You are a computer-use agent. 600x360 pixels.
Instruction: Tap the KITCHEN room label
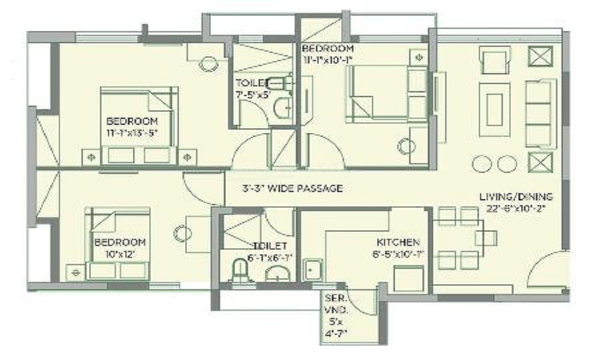(x=397, y=242)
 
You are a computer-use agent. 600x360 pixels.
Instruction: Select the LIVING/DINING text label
(x=516, y=197)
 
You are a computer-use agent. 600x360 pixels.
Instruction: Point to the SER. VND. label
(x=332, y=303)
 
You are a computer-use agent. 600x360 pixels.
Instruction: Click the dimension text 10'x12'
(x=119, y=254)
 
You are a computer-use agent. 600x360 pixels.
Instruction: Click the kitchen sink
(x=313, y=269)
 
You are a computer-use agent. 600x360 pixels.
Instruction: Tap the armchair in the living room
(x=495, y=60)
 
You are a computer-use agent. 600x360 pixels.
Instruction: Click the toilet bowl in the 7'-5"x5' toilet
(x=278, y=83)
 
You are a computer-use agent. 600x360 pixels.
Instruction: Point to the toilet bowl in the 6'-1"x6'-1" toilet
(x=240, y=273)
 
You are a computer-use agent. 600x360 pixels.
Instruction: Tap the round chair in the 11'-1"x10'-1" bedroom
(x=406, y=146)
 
